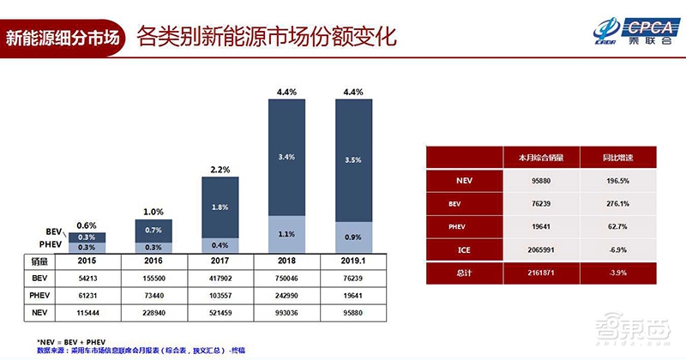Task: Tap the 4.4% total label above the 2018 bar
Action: click(287, 91)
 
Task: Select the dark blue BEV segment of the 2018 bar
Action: click(287, 157)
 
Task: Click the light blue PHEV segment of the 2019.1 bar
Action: click(353, 236)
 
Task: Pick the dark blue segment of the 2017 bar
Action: click(220, 207)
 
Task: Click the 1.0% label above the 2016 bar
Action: click(153, 211)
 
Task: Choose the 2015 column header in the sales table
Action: click(87, 261)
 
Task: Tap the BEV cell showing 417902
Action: click(220, 279)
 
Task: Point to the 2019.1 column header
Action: click(353, 261)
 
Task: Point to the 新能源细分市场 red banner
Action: click(61, 37)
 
